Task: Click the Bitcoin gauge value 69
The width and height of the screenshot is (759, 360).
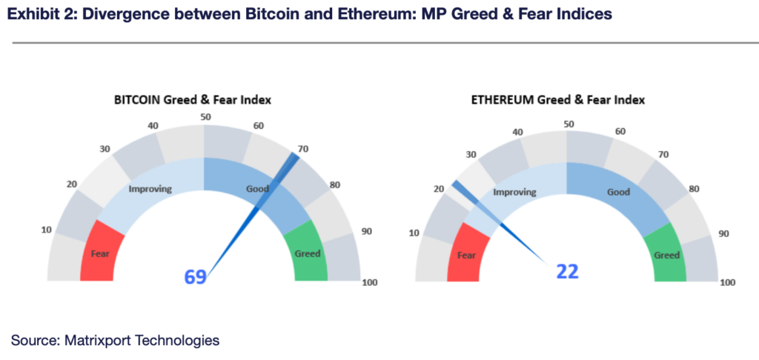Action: click(x=195, y=277)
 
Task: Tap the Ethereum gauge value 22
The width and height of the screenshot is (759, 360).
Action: click(x=567, y=272)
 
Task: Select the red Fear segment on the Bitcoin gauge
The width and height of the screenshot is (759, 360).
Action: click(x=101, y=253)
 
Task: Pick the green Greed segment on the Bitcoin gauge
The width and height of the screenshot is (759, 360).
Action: click(x=308, y=253)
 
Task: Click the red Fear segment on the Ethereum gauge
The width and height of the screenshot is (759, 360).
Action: click(x=466, y=255)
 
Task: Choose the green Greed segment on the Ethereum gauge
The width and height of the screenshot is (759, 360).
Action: click(x=666, y=255)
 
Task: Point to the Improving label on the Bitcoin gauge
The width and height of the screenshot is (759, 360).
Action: click(x=150, y=189)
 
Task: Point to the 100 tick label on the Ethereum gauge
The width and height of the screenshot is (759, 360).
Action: click(x=728, y=282)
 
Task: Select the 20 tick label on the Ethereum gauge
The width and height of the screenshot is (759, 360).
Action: click(x=439, y=189)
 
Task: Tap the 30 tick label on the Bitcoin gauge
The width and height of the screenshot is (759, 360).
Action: click(x=105, y=149)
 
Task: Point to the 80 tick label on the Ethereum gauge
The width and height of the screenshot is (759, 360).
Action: click(x=694, y=188)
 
